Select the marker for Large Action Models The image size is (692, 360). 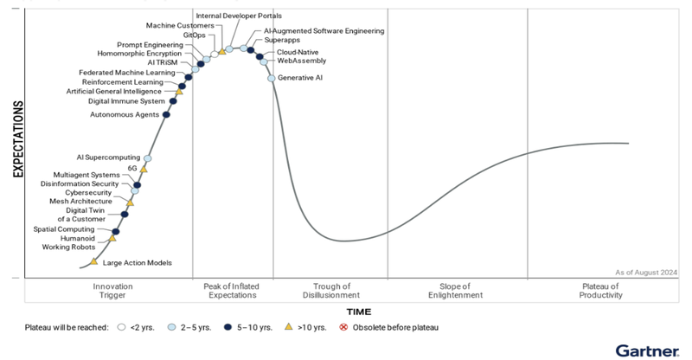(x=94, y=260)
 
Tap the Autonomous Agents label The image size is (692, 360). (x=125, y=114)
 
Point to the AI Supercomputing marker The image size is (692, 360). (x=148, y=158)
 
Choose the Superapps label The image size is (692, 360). (x=283, y=41)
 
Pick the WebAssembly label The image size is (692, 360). (x=301, y=61)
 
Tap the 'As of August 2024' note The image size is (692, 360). (x=644, y=272)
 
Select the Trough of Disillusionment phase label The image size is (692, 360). (x=330, y=291)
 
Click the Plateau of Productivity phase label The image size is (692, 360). (x=600, y=291)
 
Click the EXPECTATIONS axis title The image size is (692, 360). (x=18, y=143)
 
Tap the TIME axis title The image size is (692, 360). (x=359, y=310)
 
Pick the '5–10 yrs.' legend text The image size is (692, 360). (x=253, y=328)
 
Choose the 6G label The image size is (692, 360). (x=132, y=167)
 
